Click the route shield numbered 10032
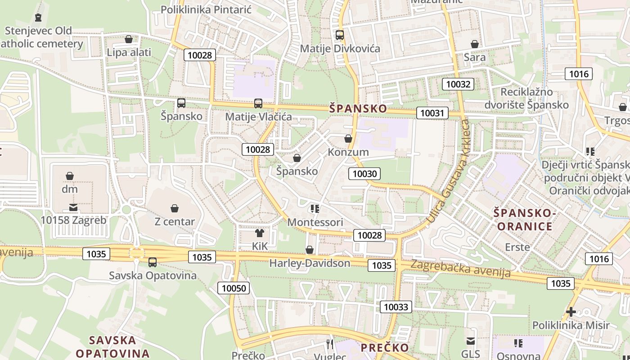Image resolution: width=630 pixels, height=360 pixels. click(x=459, y=84)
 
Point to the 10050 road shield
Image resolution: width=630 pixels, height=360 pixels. click(x=234, y=288)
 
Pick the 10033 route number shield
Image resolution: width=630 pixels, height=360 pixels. click(x=396, y=307)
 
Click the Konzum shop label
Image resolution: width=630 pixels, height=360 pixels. click(x=348, y=152)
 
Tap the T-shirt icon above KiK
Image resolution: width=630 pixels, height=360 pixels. click(x=260, y=233)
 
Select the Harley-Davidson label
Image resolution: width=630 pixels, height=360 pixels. click(x=310, y=263)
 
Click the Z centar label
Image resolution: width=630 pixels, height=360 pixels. click(x=175, y=221)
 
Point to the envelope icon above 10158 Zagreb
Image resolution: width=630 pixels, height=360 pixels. click(x=73, y=207)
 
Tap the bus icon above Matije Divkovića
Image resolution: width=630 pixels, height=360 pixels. click(x=340, y=35)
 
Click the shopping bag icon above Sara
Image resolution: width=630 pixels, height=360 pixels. click(x=474, y=44)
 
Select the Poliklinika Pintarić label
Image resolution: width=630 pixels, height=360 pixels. click(x=206, y=9)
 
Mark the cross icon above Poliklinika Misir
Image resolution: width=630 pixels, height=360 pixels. click(x=571, y=311)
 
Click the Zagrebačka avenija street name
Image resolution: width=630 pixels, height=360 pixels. click(x=460, y=269)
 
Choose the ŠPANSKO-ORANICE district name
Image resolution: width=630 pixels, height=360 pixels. click(x=522, y=219)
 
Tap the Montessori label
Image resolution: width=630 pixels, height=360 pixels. click(x=315, y=222)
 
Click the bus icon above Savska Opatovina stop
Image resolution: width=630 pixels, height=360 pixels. click(x=153, y=262)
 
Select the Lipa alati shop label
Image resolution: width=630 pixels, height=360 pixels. click(x=129, y=52)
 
